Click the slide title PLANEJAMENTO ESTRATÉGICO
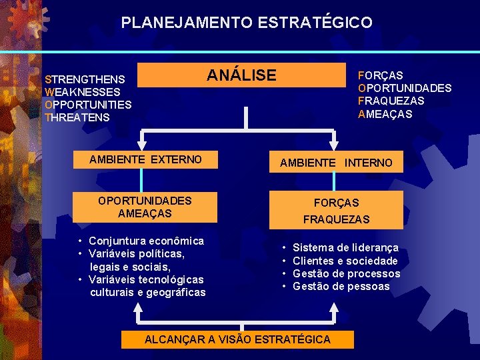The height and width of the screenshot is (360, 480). pyautogui.click(x=247, y=23)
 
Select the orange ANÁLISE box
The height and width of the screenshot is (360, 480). pyautogui.click(x=241, y=75)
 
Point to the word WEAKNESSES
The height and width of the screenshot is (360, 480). pyautogui.click(x=82, y=92)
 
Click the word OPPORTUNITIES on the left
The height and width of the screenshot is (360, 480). pyautogui.click(x=87, y=105)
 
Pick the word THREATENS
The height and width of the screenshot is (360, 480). pyautogui.click(x=77, y=117)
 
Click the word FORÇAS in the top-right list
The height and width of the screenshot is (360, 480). pyautogui.click(x=380, y=75)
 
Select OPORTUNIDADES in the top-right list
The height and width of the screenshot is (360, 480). pyautogui.click(x=405, y=88)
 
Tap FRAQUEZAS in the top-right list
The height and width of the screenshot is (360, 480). pyautogui.click(x=391, y=101)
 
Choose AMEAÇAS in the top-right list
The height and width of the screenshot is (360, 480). pyautogui.click(x=385, y=114)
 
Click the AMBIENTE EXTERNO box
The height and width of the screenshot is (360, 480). pyautogui.click(x=145, y=159)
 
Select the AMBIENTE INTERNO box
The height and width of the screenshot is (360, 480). pyautogui.click(x=336, y=163)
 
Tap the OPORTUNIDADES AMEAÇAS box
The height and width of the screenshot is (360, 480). pyautogui.click(x=145, y=207)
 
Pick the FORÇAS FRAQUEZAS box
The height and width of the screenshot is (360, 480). pyautogui.click(x=336, y=210)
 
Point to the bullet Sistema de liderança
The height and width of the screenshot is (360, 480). pyautogui.click(x=345, y=247)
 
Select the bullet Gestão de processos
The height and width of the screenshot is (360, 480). pyautogui.click(x=346, y=273)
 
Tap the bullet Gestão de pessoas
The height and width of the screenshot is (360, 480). pyautogui.click(x=341, y=286)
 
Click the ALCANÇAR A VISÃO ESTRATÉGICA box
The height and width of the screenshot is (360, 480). pyautogui.click(x=237, y=339)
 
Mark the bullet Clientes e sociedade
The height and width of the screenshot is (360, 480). pyautogui.click(x=345, y=261)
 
